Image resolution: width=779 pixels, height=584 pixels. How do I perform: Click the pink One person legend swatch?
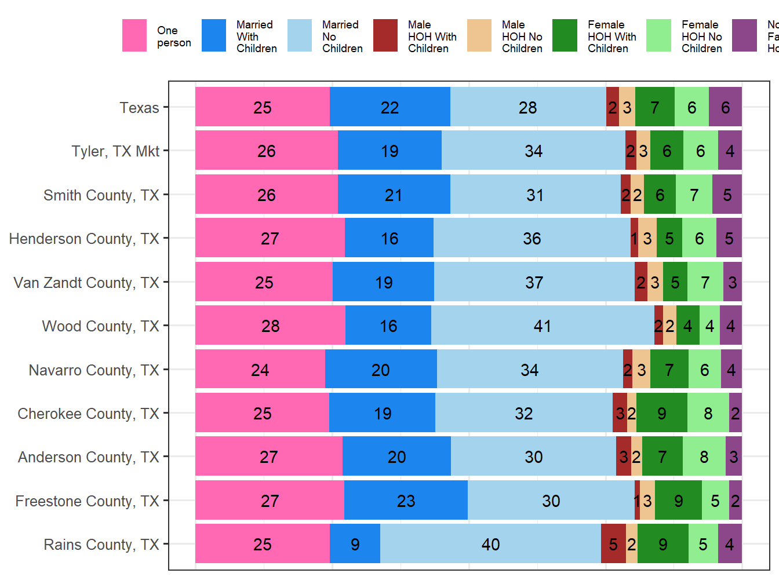click(x=134, y=35)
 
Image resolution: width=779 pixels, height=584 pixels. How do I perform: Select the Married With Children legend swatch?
click(x=214, y=35)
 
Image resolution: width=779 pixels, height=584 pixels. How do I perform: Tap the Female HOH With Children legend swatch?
click(x=565, y=35)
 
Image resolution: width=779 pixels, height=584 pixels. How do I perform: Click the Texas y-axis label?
click(x=139, y=108)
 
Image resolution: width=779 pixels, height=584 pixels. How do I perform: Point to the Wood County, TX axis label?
click(x=100, y=326)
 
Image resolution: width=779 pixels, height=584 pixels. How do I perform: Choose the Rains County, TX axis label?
click(x=101, y=545)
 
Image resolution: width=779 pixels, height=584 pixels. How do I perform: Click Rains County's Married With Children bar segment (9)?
click(x=355, y=544)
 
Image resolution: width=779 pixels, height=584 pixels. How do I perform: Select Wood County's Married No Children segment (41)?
click(x=543, y=326)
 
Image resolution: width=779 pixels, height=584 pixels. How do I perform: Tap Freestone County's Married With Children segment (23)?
click(x=406, y=501)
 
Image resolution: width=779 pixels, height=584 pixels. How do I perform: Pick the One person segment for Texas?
click(x=263, y=107)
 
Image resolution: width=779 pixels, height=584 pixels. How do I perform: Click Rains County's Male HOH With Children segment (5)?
click(x=613, y=544)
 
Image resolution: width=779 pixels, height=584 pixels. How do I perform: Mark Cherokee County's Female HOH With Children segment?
click(x=661, y=413)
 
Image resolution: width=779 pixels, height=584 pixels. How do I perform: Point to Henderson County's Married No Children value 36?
click(x=532, y=238)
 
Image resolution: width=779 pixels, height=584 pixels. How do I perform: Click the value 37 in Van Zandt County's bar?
click(x=534, y=282)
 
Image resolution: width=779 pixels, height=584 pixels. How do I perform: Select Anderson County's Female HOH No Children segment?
click(x=704, y=457)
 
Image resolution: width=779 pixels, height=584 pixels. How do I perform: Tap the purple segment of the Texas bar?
click(x=725, y=107)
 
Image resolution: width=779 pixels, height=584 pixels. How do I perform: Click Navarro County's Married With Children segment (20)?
click(x=381, y=370)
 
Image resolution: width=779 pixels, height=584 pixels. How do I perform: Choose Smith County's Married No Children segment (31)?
click(x=535, y=195)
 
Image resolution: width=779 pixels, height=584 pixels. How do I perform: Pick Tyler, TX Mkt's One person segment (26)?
click(x=267, y=151)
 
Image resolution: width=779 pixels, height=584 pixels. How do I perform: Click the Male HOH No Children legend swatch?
click(x=479, y=35)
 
